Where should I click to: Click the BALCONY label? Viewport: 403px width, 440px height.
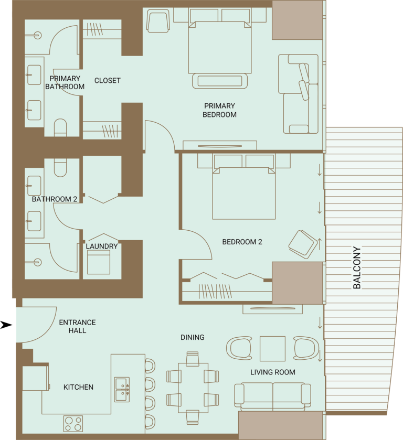coord(357,267)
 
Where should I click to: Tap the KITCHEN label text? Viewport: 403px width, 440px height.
coord(78,387)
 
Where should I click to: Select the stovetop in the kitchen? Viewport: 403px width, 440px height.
coord(73,424)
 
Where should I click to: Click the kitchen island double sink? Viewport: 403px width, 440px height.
coord(122,390)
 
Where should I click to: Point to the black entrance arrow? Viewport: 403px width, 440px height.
coord(6,325)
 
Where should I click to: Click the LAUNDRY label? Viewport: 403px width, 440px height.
coord(102,246)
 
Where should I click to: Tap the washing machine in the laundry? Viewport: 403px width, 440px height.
coord(99,262)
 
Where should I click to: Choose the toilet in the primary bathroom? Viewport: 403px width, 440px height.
coord(60,127)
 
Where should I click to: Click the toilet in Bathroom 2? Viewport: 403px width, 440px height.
coord(60,168)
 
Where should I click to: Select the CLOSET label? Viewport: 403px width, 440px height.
coord(107,81)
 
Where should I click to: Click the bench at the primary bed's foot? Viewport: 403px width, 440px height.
coord(220,81)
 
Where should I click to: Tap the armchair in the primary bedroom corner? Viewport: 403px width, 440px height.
coord(158,21)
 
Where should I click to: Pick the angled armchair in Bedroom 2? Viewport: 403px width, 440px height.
coord(303,244)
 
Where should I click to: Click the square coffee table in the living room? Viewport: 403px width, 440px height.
coord(272,349)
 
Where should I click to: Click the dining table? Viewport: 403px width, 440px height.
coord(193,388)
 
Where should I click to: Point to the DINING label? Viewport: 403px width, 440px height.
coord(193,337)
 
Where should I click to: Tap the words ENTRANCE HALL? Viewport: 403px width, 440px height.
coord(77,326)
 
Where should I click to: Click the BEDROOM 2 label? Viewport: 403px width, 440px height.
coord(242,242)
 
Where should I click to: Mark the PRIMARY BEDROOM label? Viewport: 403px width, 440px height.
coord(220,110)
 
